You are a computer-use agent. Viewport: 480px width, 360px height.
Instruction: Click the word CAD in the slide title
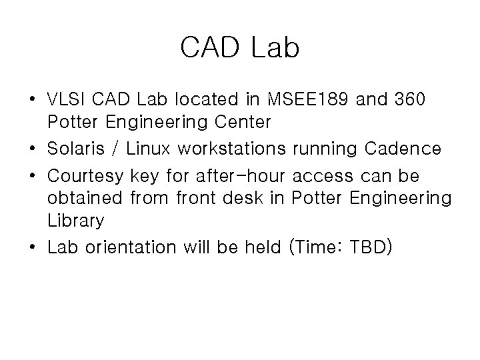pyautogui.click(x=209, y=47)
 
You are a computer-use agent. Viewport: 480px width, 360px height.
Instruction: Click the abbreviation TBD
pyautogui.click(x=371, y=247)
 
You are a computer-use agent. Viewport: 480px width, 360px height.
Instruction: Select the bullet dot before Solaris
pyautogui.click(x=33, y=149)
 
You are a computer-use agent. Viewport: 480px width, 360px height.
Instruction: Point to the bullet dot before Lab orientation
pyautogui.click(x=33, y=247)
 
